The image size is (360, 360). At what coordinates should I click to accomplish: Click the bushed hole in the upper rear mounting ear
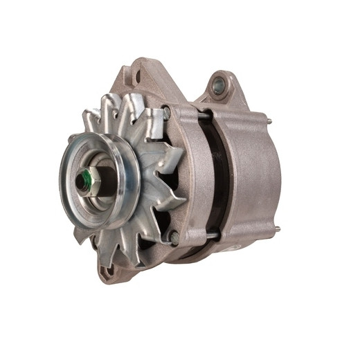pos(219,86)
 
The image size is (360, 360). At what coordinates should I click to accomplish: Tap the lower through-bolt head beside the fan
pos(174,237)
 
